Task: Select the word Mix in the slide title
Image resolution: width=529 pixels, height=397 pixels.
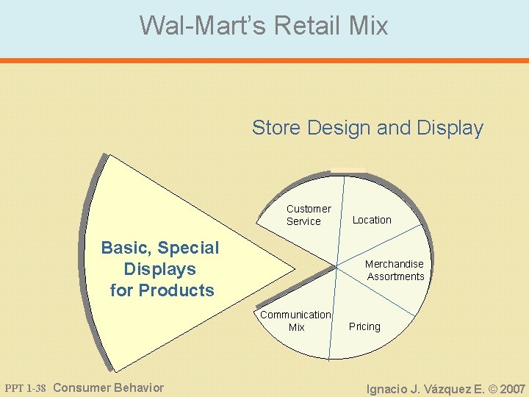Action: (369, 26)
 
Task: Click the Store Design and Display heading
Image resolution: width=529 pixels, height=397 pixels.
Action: (367, 128)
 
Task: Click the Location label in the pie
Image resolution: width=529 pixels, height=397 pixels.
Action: (372, 220)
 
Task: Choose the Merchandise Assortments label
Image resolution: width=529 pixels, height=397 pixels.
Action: (395, 270)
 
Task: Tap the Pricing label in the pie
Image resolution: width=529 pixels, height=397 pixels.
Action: (364, 326)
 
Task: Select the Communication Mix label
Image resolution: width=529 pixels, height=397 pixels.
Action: (295, 321)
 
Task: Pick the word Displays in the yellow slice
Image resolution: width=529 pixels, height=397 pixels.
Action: (160, 269)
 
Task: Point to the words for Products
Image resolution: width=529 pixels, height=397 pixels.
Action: (162, 290)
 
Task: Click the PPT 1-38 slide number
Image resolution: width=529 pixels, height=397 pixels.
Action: (26, 388)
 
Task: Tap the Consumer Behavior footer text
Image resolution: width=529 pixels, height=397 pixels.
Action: (109, 387)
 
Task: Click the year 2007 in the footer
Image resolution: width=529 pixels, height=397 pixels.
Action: (513, 389)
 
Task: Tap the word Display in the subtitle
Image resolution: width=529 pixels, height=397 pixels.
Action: (450, 128)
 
